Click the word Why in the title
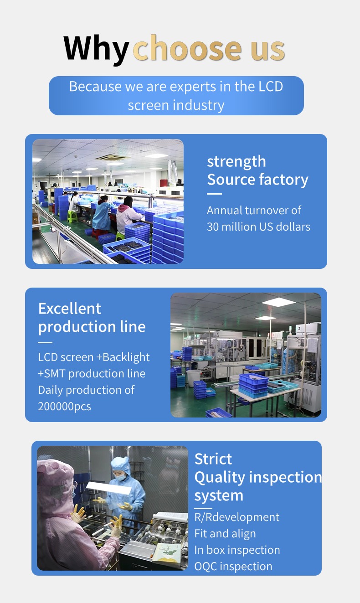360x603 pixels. point(96,48)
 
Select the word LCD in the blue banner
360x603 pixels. point(271,87)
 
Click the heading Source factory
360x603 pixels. point(257,180)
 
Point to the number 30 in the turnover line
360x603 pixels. point(212,227)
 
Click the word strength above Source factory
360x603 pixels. point(236,161)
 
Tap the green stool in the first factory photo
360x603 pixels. point(72,216)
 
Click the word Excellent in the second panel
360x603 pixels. point(69,309)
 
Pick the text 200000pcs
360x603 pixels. point(64,407)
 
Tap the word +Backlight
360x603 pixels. point(123,357)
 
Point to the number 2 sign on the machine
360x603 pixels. point(299,329)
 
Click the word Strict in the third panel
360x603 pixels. point(213,459)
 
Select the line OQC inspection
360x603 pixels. point(233,566)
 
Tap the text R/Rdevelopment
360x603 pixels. point(237,517)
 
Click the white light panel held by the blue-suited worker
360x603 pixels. point(108,488)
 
